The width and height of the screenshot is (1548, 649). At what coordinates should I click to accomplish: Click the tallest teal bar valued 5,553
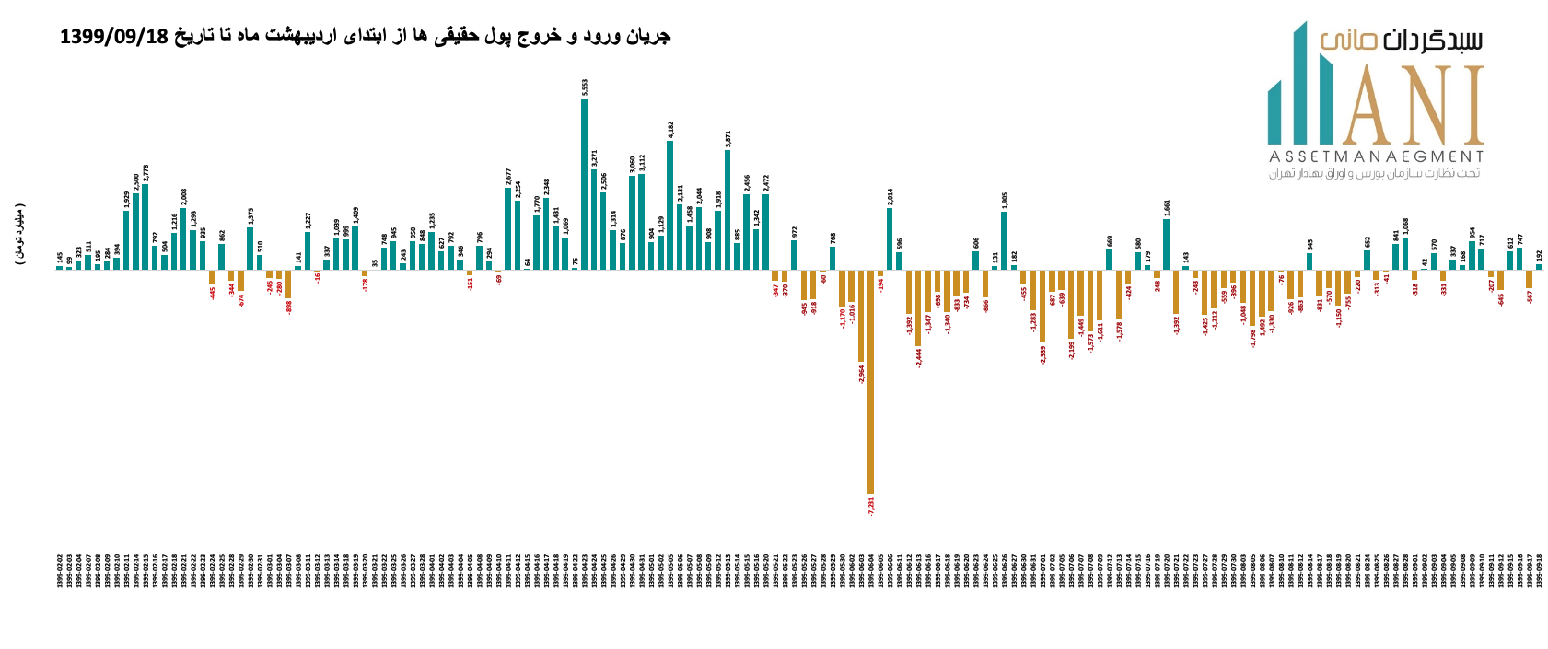(x=584, y=184)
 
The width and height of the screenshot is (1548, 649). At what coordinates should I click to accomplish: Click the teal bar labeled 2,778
(x=145, y=227)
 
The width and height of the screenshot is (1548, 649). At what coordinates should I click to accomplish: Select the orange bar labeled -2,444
(x=918, y=307)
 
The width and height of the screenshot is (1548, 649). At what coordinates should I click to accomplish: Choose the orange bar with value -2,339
(x=1042, y=306)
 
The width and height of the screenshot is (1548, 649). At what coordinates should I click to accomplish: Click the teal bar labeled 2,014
(x=890, y=238)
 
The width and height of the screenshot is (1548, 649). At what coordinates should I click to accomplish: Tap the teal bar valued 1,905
(x=1004, y=240)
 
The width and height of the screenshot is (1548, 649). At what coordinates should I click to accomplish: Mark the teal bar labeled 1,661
(x=1167, y=244)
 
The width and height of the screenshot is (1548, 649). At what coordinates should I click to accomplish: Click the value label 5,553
(x=585, y=87)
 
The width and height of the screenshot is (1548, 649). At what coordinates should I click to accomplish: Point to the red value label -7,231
(x=871, y=505)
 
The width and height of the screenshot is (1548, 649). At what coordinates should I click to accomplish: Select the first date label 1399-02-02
(x=60, y=571)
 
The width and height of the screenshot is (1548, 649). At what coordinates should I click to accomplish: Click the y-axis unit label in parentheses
(x=20, y=235)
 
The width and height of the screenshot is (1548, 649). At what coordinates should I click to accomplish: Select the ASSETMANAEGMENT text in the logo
(x=1376, y=156)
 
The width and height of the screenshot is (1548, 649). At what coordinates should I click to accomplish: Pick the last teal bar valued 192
(x=1538, y=267)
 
